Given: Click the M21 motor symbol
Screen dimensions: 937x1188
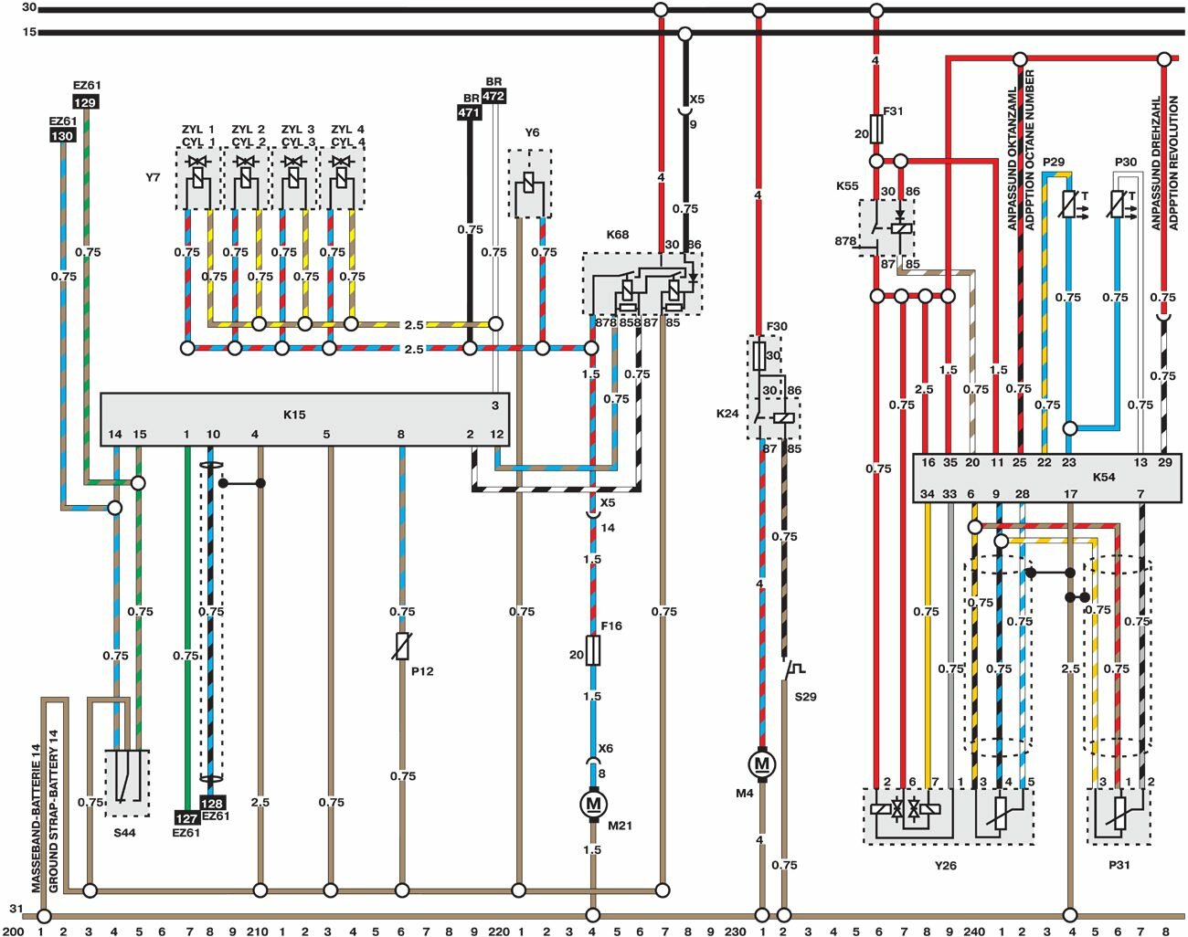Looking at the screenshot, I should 594,804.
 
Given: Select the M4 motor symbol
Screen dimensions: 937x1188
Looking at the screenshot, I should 761,763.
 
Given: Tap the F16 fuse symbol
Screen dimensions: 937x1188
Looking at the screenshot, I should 594,651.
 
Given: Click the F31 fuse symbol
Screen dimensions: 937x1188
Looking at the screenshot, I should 877,130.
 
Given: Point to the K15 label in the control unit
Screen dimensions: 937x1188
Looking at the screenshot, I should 294,415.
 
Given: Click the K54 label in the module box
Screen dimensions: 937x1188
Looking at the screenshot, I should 1104,477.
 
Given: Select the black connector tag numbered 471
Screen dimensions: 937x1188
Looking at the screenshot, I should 469,112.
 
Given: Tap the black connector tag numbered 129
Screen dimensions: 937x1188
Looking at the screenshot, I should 85,102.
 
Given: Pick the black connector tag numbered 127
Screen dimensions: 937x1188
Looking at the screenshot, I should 186,819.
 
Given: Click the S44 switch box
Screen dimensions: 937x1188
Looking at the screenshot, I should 127,783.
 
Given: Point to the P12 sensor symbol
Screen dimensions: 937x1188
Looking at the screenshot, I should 402,647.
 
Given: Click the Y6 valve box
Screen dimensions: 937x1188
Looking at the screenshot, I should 530,184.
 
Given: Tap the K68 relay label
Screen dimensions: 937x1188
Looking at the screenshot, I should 618,235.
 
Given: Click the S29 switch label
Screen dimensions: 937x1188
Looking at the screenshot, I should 805,697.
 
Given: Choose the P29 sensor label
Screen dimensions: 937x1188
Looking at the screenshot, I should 1054,162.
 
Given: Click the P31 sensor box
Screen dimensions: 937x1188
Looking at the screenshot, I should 1119,814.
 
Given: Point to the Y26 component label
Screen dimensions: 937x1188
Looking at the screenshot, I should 946,865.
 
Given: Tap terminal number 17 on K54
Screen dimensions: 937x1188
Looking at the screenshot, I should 1070,494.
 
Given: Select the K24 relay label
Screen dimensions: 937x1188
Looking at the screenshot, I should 727,414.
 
